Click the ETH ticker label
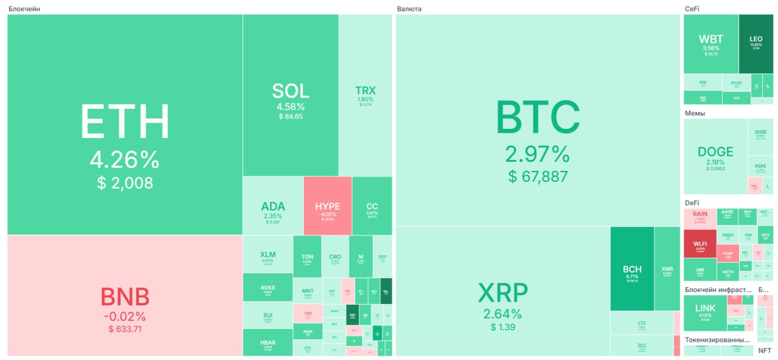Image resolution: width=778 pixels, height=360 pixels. pos(125,123)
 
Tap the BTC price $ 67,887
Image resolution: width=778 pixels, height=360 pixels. pos(537,177)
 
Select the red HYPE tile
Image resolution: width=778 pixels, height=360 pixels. pos(327,206)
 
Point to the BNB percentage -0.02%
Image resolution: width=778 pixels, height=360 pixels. pos(125,317)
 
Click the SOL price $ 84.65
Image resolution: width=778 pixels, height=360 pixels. pos(291,116)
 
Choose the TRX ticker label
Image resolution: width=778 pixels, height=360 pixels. pos(365,91)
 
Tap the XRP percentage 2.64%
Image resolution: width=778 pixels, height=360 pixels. pos(503,314)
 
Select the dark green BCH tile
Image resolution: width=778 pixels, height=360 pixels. pos(632,269)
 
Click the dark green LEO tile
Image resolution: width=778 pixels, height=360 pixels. pos(756,44)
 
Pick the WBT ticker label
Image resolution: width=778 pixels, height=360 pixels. pos(711,40)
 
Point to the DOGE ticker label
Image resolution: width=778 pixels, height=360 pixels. pos(715,152)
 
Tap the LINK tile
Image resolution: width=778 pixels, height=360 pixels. pos(704,309)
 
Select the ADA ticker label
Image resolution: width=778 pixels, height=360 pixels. pos(273,206)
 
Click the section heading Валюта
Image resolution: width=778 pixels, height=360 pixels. pos(409,9)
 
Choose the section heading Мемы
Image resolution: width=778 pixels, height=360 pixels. pos(695,113)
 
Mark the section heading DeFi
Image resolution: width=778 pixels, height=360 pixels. pos(692,202)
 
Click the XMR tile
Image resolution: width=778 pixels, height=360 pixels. pos(667,269)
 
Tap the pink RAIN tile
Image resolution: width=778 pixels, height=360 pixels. pos(700,218)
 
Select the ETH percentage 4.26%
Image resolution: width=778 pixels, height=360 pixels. pos(125,160)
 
